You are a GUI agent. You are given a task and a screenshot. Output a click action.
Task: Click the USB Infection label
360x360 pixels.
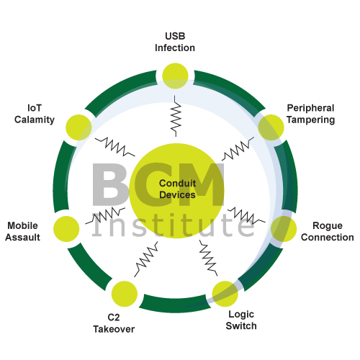click(x=175, y=42)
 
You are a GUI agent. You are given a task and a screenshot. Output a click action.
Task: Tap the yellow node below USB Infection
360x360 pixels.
click(x=175, y=76)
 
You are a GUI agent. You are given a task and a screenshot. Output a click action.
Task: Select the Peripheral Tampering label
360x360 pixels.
click(x=311, y=114)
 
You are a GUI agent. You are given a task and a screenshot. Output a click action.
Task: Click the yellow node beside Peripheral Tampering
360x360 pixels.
click(x=271, y=127)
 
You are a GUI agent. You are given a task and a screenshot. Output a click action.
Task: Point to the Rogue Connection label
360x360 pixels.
click(x=328, y=231)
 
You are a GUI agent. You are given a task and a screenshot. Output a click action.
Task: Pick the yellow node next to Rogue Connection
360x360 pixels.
click(x=284, y=229)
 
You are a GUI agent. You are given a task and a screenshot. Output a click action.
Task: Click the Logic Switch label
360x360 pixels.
click(x=241, y=320)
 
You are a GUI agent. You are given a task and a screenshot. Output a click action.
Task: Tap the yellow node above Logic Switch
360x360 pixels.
click(x=225, y=294)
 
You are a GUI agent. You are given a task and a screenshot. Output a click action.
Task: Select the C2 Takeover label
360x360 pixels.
click(x=114, y=323)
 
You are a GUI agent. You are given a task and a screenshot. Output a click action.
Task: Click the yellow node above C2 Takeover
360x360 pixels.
click(x=125, y=294)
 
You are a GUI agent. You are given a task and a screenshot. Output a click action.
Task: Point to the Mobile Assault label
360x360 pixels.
click(x=22, y=231)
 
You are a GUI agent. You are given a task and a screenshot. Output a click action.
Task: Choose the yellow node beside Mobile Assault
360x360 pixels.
click(x=66, y=229)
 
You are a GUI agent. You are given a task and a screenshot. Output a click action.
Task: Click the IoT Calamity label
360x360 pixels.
click(x=35, y=114)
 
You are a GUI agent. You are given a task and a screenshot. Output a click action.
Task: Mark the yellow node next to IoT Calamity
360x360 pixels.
click(x=78, y=127)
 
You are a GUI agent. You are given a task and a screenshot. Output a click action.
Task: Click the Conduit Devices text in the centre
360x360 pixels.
click(x=177, y=189)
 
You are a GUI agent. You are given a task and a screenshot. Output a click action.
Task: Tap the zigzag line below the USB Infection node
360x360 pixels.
click(x=176, y=116)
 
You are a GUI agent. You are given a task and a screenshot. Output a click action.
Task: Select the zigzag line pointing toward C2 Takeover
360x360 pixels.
click(x=146, y=258)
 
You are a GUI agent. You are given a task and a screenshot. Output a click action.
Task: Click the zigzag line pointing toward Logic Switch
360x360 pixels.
click(x=208, y=258)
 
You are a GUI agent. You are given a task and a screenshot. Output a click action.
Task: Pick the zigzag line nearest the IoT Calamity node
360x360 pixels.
click(x=114, y=146)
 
